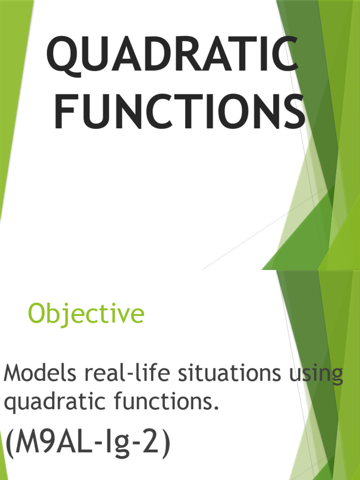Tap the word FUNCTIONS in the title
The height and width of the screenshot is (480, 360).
click(x=179, y=112)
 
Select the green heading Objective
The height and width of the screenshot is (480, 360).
click(x=86, y=314)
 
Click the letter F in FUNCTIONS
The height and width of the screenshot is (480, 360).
click(x=63, y=112)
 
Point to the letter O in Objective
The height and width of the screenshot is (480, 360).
click(x=37, y=314)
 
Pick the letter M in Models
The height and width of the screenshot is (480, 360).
click(x=13, y=375)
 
